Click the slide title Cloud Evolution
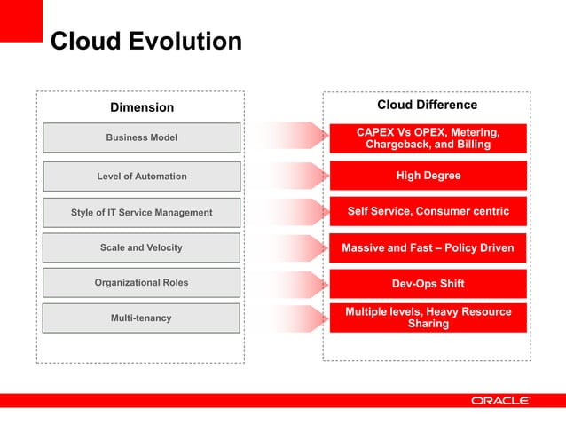(x=145, y=42)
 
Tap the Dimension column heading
(x=141, y=107)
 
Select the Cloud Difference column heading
(x=427, y=105)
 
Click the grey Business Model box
(x=141, y=137)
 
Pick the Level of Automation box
(x=141, y=176)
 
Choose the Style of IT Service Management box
(x=141, y=212)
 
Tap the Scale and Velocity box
(x=141, y=247)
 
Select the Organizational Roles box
(x=141, y=282)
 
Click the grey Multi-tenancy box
(x=141, y=318)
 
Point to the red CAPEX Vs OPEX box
(x=428, y=138)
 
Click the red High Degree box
(x=428, y=176)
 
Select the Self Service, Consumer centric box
(x=428, y=211)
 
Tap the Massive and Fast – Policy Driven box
(x=428, y=247)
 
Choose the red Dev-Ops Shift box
(x=428, y=284)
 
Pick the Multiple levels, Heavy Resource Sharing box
(x=428, y=318)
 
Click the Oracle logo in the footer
(x=499, y=401)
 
